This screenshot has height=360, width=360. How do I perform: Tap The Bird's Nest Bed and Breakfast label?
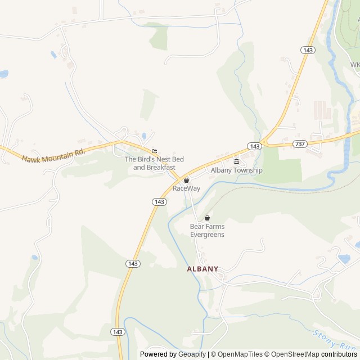point(150,163)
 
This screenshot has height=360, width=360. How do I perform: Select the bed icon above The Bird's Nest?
point(154,151)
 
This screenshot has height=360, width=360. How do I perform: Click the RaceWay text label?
point(186,188)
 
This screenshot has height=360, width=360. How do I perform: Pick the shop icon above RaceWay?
point(186,181)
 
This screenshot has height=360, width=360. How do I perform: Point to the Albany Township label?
point(236,170)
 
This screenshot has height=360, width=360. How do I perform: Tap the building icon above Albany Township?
point(236,162)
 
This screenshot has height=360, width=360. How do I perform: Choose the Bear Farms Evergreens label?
point(207,231)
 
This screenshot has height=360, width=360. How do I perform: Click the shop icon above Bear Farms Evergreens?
point(207,218)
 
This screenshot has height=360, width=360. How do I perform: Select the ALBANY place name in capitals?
point(202,269)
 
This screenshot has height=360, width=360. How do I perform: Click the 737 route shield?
point(300,145)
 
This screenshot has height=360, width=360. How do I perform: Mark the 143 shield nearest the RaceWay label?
point(159,201)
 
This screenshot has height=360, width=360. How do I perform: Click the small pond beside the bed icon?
point(145,136)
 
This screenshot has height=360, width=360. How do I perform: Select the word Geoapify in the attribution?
point(192,354)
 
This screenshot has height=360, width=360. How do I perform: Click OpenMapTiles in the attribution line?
point(241,354)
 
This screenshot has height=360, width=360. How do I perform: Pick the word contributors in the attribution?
point(340,354)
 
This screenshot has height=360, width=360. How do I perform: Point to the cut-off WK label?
point(355,65)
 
